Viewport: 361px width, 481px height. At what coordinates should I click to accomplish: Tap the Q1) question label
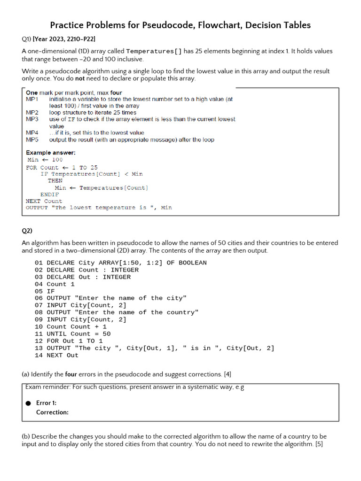27,39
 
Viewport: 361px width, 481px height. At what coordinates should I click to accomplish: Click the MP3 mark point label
32,119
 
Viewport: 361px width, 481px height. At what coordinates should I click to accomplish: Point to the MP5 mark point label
32,140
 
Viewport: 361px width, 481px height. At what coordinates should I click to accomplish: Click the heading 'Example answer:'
50,153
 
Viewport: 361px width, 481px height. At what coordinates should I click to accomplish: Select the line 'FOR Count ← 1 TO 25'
62,167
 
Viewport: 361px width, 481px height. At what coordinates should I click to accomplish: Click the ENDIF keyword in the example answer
50,194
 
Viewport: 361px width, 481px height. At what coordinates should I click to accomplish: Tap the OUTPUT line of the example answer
99,208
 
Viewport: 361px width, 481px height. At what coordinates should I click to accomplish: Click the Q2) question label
27,231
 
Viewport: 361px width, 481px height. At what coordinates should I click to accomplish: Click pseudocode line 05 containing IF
45,291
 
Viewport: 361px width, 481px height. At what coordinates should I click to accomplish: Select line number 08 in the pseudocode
39,312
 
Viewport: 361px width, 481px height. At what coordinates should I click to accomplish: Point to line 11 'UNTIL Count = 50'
72,334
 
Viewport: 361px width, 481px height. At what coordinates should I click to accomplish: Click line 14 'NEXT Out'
56,355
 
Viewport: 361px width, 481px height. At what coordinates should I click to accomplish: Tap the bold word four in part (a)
71,374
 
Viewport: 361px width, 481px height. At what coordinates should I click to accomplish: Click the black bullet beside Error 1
28,403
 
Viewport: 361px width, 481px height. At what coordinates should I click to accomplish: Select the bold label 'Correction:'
52,412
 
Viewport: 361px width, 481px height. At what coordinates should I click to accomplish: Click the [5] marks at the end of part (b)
318,444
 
